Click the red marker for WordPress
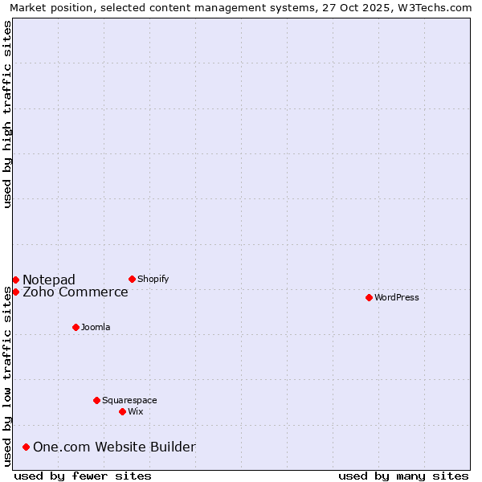(x=369, y=297)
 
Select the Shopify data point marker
(x=132, y=279)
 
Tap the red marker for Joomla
(x=76, y=327)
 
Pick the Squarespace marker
(x=96, y=400)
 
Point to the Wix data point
(x=122, y=411)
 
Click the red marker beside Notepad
(x=15, y=280)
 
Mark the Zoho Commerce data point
(x=15, y=292)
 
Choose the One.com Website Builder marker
(x=26, y=447)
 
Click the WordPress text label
(x=397, y=297)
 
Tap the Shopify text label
(x=153, y=279)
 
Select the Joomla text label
(x=96, y=327)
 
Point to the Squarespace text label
(x=129, y=400)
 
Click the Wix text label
(x=135, y=411)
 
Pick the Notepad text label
(x=49, y=280)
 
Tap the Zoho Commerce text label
(x=76, y=292)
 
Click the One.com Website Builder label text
(x=114, y=447)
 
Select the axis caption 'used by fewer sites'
(x=83, y=476)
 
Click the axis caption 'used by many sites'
(x=403, y=476)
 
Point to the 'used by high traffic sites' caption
(x=7, y=114)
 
